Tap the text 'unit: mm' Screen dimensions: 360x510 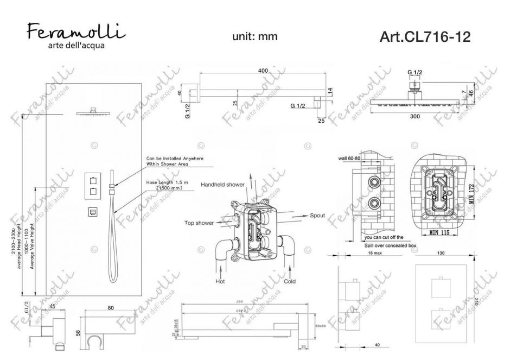(x=255, y=36)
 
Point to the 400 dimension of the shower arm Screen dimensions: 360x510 (x=263, y=71)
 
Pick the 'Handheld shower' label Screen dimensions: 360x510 (x=223, y=185)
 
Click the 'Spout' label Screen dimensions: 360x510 (x=317, y=216)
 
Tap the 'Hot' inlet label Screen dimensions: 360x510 (x=221, y=282)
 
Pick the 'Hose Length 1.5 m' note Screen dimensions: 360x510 (x=167, y=183)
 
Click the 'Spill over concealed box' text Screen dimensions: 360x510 (x=389, y=245)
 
